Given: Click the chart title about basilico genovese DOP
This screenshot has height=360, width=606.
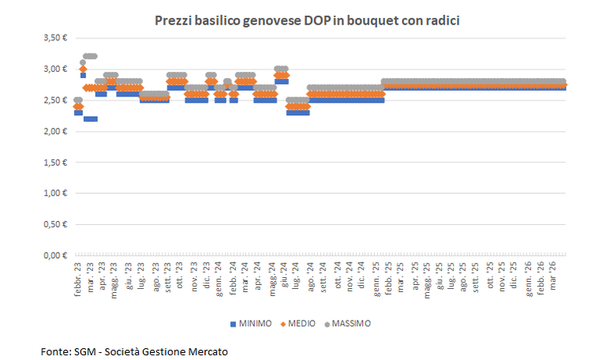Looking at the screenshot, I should click(306, 21).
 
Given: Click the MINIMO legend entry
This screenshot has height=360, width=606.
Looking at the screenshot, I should click(251, 324).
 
